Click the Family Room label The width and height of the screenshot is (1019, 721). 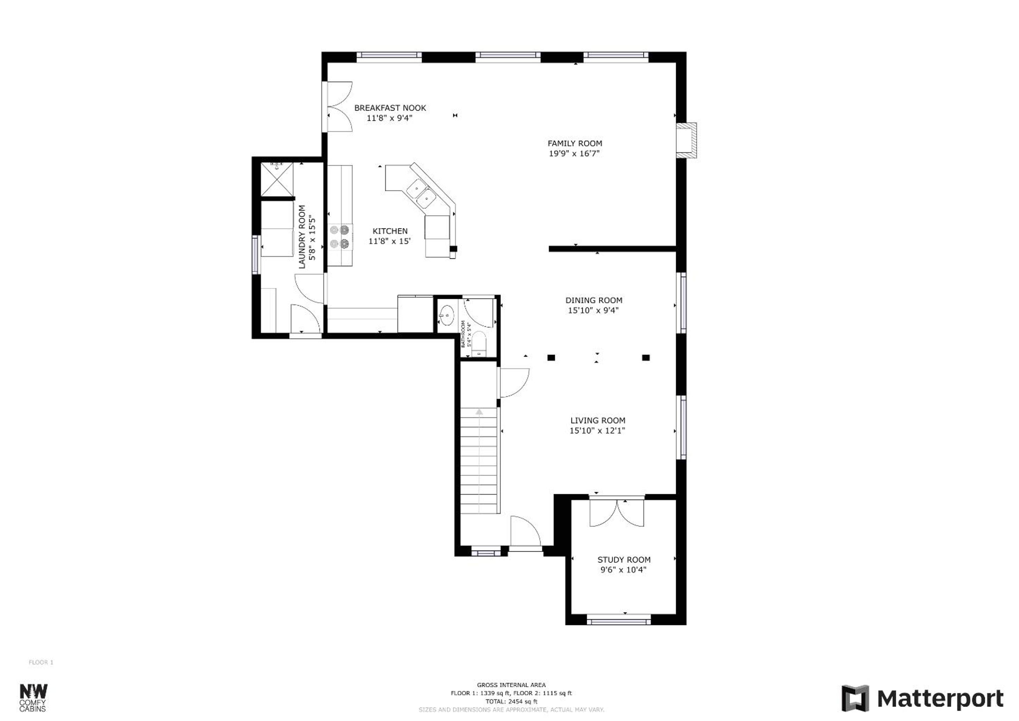(575, 143)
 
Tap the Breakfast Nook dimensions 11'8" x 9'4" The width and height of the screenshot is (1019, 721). (390, 118)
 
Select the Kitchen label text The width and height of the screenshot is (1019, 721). (390, 231)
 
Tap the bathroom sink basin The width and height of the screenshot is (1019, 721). (446, 316)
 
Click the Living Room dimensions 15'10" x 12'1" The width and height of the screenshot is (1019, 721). (597, 430)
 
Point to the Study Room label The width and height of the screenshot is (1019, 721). (624, 560)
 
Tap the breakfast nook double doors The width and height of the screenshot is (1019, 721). (340, 107)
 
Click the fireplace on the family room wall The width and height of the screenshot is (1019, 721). (686, 140)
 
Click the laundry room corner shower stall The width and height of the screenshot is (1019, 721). (277, 179)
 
